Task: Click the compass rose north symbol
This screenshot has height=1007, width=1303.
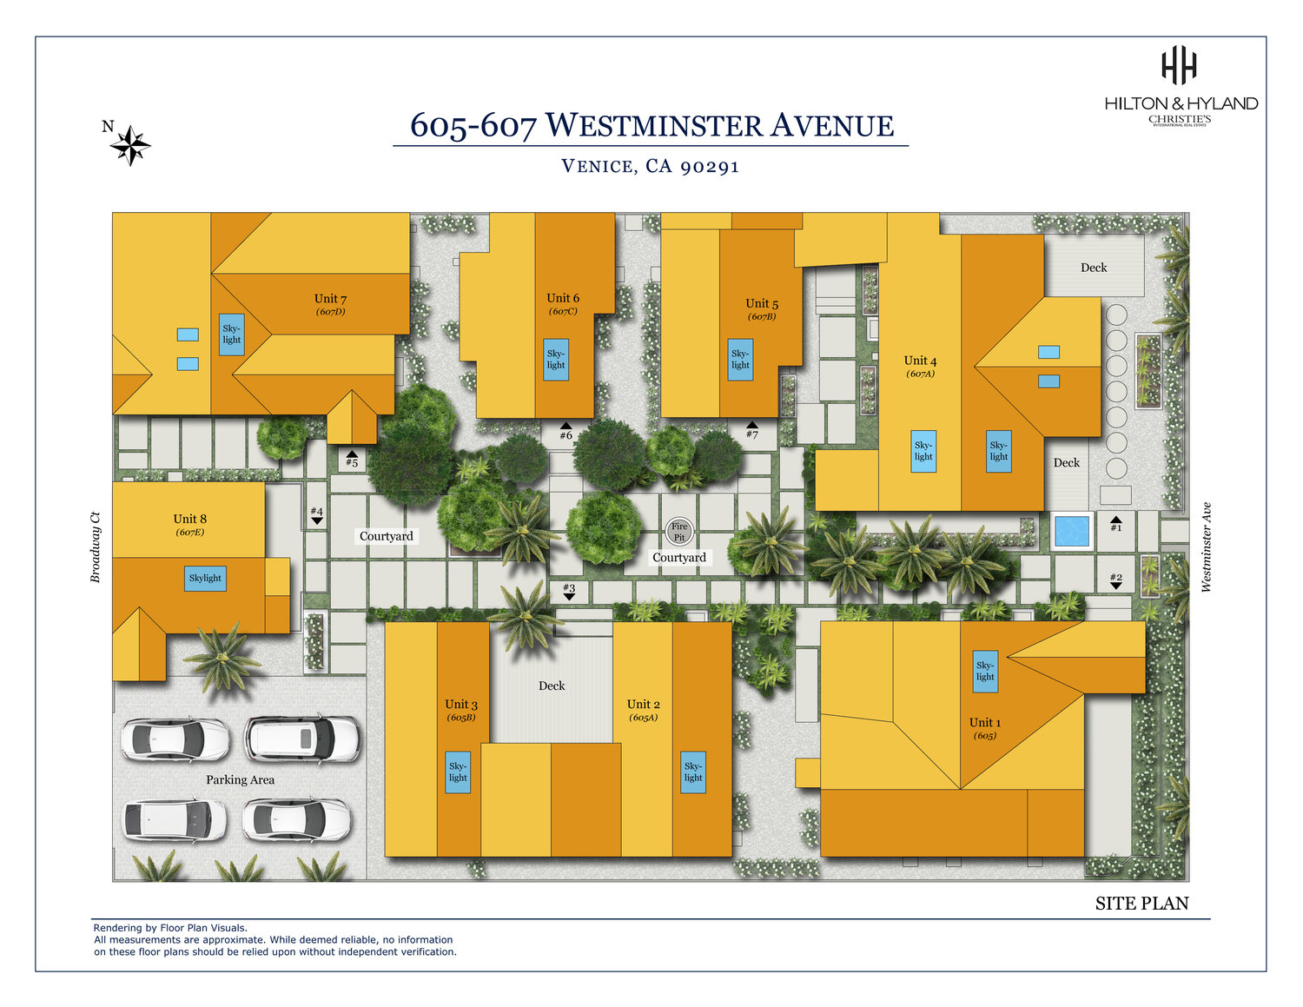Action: pyautogui.click(x=130, y=145)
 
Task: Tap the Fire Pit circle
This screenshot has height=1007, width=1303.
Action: pyautogui.click(x=678, y=532)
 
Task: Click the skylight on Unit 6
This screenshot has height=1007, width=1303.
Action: pyautogui.click(x=556, y=359)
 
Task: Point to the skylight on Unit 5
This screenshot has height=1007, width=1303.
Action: pyautogui.click(x=740, y=359)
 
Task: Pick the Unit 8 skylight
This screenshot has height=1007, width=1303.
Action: pyautogui.click(x=205, y=578)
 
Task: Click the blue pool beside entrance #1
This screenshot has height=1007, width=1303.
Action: pyautogui.click(x=1071, y=530)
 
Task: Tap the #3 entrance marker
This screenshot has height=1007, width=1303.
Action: pyautogui.click(x=569, y=591)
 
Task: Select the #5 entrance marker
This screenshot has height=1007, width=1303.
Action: pyautogui.click(x=352, y=459)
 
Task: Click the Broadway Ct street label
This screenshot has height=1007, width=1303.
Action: pyautogui.click(x=96, y=547)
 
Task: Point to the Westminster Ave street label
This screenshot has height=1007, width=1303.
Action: pyautogui.click(x=1206, y=547)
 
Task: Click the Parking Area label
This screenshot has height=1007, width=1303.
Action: pyautogui.click(x=240, y=779)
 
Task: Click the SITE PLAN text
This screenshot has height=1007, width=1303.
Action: pyautogui.click(x=1141, y=904)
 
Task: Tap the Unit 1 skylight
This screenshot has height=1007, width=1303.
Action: pyautogui.click(x=985, y=671)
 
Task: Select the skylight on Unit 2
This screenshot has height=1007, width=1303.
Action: pyautogui.click(x=693, y=772)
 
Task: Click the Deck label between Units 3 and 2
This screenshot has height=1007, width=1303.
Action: pyautogui.click(x=552, y=686)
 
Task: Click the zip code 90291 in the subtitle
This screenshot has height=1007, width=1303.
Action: pyautogui.click(x=710, y=166)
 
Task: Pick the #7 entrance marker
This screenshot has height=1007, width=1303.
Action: pyautogui.click(x=752, y=430)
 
